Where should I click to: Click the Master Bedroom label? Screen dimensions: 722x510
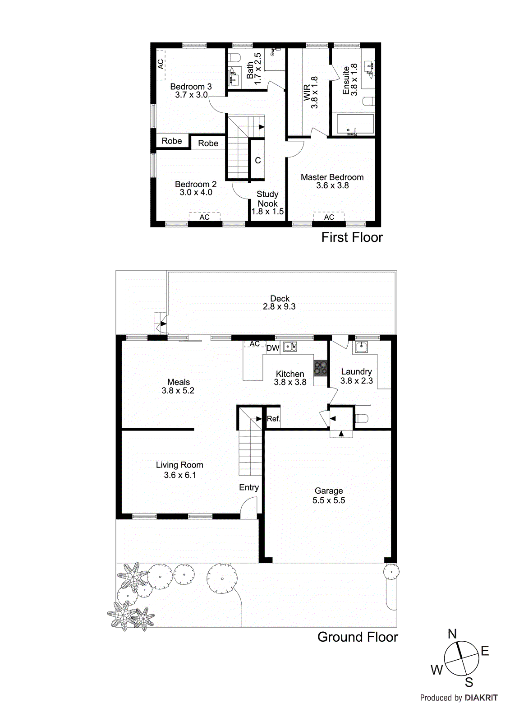pyautogui.click(x=332, y=177)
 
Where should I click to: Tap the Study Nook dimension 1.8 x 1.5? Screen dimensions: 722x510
pyautogui.click(x=267, y=212)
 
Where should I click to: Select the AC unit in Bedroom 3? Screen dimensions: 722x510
pyautogui.click(x=160, y=65)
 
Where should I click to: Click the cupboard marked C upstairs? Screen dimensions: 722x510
pyautogui.click(x=257, y=160)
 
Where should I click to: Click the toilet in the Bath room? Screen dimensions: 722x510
pyautogui.click(x=234, y=57)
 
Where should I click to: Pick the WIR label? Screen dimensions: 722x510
pyautogui.click(x=307, y=93)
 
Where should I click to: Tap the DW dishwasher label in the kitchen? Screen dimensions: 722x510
pyautogui.click(x=273, y=348)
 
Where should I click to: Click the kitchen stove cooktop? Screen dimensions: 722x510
pyautogui.click(x=321, y=367)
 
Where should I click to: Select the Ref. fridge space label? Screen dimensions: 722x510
pyautogui.click(x=273, y=419)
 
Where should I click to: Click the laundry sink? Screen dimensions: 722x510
pyautogui.click(x=361, y=347)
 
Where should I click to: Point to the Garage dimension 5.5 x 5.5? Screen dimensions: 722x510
pyautogui.click(x=329, y=500)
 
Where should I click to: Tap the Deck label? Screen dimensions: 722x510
pyautogui.click(x=280, y=298)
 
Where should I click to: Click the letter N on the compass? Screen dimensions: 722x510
pyautogui.click(x=452, y=634)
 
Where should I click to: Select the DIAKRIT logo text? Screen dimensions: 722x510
pyautogui.click(x=481, y=698)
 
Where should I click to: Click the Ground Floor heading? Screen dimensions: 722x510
pyautogui.click(x=358, y=637)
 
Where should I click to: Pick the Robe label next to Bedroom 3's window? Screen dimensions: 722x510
pyautogui.click(x=172, y=141)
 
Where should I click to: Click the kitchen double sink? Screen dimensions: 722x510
pyautogui.click(x=289, y=347)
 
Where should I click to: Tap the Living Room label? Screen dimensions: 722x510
pyautogui.click(x=179, y=465)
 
